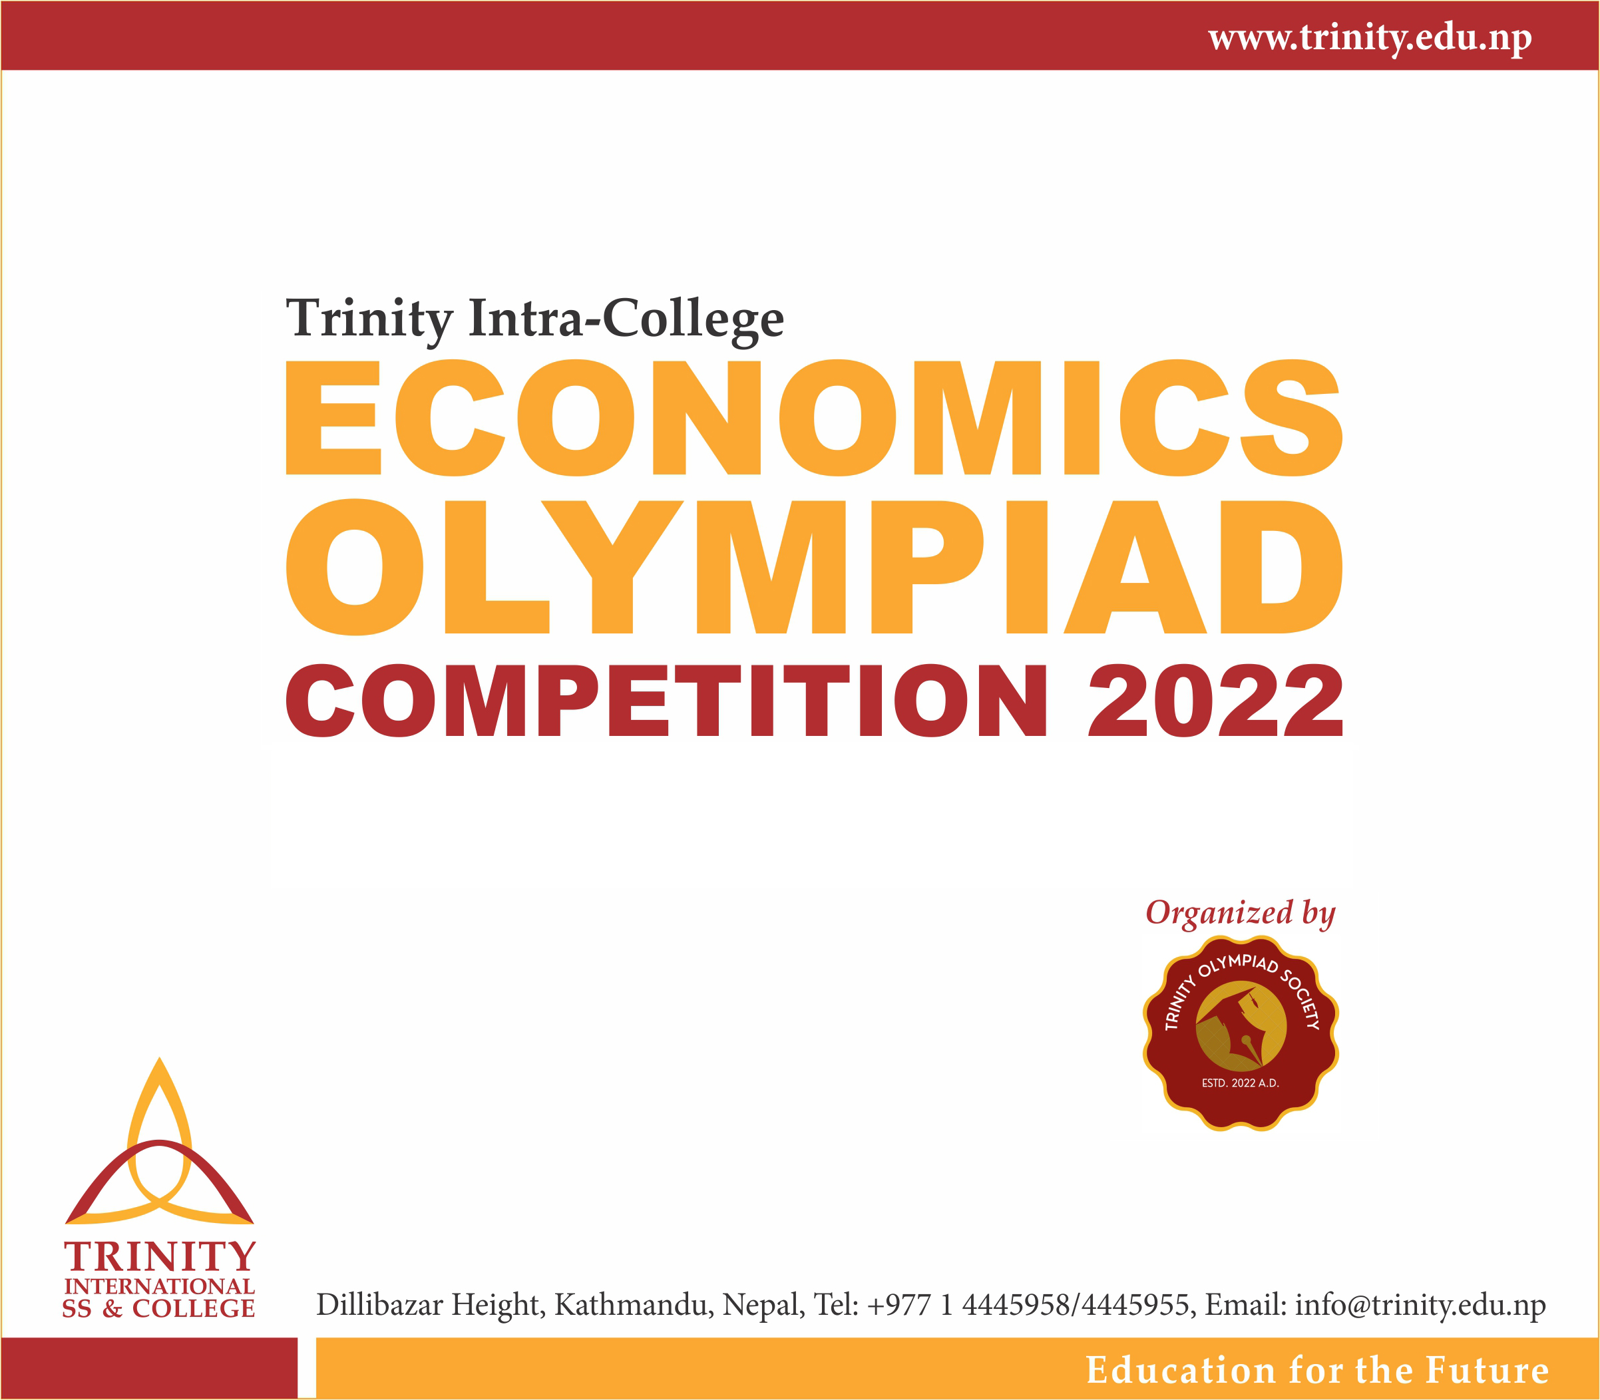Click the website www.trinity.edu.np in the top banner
click(x=1370, y=37)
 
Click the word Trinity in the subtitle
click(x=368, y=319)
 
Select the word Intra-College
click(x=625, y=319)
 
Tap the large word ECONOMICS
click(x=813, y=417)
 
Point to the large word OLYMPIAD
click(x=813, y=566)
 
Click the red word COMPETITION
click(x=666, y=701)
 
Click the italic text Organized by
click(x=1240, y=912)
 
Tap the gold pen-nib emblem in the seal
click(x=1241, y=1025)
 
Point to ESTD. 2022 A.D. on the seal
click(x=1240, y=1083)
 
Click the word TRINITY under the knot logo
click(x=159, y=1257)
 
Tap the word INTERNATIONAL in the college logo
click(x=159, y=1286)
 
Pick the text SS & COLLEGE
click(x=158, y=1310)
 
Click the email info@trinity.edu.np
click(x=1420, y=1306)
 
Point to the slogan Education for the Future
click(x=1317, y=1370)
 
